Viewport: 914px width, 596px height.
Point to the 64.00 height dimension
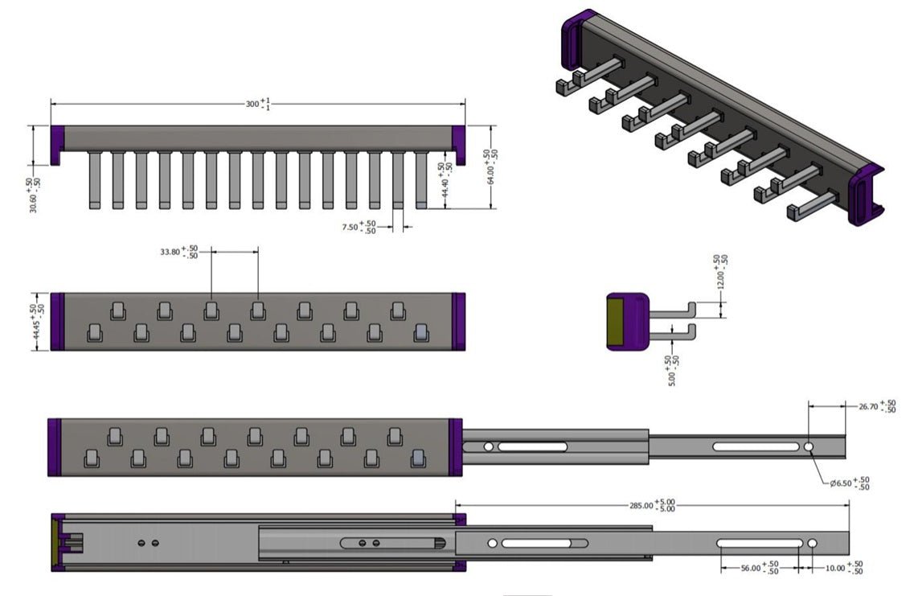click(490, 165)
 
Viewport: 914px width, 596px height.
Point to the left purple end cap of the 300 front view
click(57, 142)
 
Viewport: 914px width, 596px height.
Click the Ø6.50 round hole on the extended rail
click(808, 446)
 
